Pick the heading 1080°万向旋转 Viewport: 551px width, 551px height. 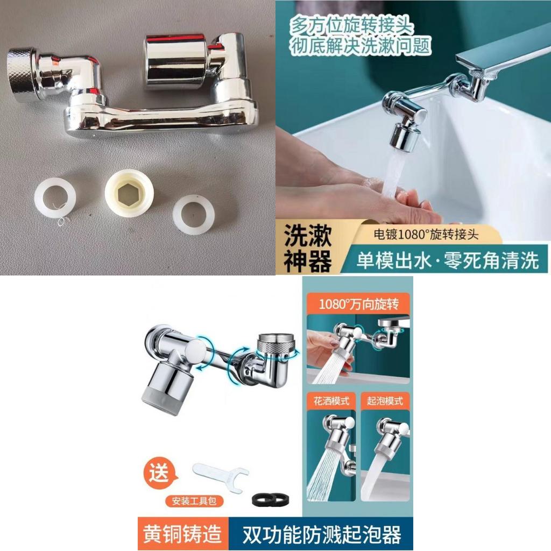pos(358,304)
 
